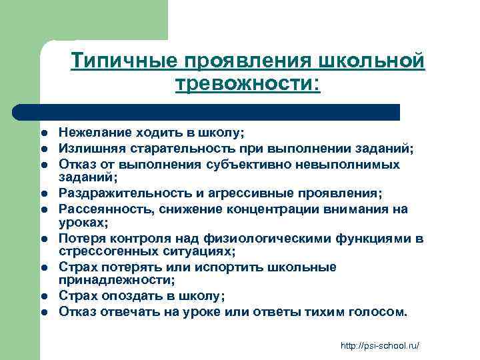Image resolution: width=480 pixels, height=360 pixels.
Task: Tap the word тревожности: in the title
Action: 247,84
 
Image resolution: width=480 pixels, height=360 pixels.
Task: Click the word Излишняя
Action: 85,148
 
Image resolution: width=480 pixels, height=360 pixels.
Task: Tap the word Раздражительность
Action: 115,193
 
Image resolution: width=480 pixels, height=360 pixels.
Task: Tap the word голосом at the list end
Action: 379,311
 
